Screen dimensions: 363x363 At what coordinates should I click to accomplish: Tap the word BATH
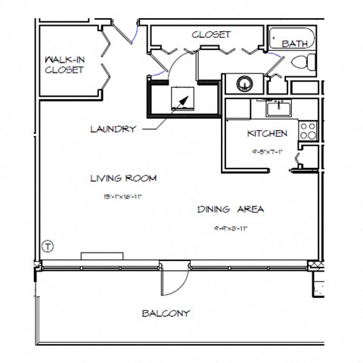(294, 45)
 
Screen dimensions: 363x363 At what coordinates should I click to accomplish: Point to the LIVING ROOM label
(123, 178)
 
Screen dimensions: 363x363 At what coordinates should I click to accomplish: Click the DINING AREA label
(231, 209)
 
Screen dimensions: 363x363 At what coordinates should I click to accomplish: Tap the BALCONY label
(166, 313)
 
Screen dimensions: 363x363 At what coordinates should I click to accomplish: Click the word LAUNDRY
(113, 129)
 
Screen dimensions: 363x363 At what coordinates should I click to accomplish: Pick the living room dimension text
(123, 196)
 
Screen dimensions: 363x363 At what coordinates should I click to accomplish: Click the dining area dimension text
(231, 226)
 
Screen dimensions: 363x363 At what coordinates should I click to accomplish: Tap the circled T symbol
(48, 246)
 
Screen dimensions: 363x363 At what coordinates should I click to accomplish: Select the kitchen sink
(279, 109)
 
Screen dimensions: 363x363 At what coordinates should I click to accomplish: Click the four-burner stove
(308, 131)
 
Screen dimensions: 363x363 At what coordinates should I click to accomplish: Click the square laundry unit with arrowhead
(181, 98)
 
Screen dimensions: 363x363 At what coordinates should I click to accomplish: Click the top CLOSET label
(211, 34)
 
